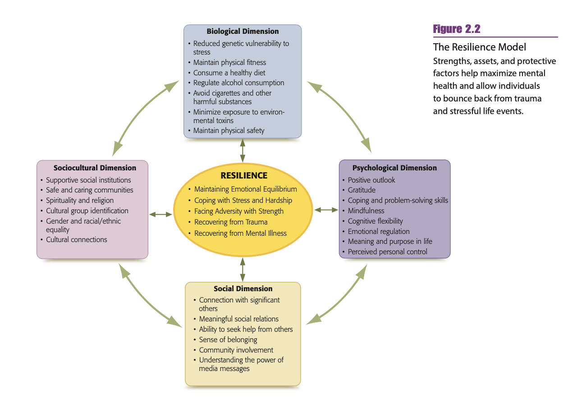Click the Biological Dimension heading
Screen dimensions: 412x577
click(x=243, y=32)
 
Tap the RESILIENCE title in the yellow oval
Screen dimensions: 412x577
click(x=244, y=176)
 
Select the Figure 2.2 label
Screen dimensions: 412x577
click(x=457, y=29)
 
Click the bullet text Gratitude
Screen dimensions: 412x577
click(x=362, y=190)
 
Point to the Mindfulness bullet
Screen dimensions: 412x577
click(x=366, y=211)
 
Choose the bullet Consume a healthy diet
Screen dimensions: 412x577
click(x=229, y=73)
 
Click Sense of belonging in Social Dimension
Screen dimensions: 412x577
click(x=228, y=339)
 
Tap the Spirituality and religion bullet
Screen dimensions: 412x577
click(x=80, y=200)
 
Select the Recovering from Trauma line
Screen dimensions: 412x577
click(x=231, y=222)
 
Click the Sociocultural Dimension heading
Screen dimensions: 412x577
click(x=95, y=168)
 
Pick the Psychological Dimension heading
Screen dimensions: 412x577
click(x=394, y=168)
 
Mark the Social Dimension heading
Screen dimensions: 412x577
click(x=243, y=288)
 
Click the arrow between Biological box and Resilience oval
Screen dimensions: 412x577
click(x=243, y=151)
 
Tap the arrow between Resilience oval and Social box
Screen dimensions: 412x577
click(x=243, y=270)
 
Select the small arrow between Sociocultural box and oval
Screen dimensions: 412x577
click(x=161, y=215)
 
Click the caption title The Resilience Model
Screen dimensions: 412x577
click(x=480, y=47)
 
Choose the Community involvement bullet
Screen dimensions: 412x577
click(x=236, y=350)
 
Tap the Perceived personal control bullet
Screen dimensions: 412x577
click(x=387, y=252)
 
